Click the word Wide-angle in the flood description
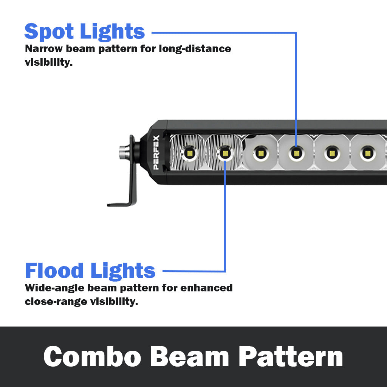pyautogui.click(x=55, y=288)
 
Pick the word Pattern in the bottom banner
pyautogui.click(x=291, y=356)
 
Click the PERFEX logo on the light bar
pyautogui.click(x=156, y=152)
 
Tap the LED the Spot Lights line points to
pyautogui.click(x=296, y=153)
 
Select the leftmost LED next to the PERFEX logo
pyautogui.click(x=189, y=153)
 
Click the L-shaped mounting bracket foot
pyautogui.click(x=121, y=204)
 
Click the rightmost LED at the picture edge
pyautogui.click(x=366, y=153)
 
